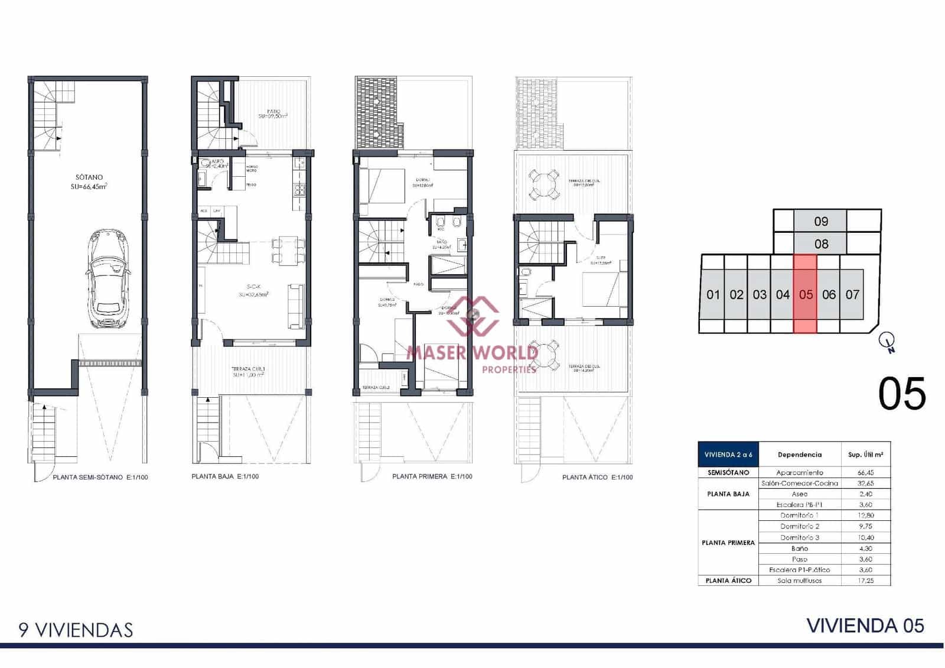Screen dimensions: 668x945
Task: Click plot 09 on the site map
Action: [x=821, y=221]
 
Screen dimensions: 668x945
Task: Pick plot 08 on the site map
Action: [x=821, y=244]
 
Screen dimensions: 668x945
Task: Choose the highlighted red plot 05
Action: [x=806, y=294]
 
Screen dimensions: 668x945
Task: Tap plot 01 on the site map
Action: [x=713, y=294]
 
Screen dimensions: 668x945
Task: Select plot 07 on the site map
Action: [x=852, y=294]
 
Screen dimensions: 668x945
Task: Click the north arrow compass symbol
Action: [x=887, y=341]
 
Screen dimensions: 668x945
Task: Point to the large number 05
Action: [x=902, y=394]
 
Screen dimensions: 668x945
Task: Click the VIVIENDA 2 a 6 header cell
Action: [x=728, y=455]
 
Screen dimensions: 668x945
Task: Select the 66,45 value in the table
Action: [x=865, y=472]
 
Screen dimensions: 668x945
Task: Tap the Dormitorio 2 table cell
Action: [x=800, y=526]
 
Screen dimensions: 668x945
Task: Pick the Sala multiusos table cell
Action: [x=800, y=581]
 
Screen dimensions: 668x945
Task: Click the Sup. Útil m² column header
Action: [x=865, y=455]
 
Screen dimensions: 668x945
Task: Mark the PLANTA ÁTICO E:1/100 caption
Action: [x=597, y=477]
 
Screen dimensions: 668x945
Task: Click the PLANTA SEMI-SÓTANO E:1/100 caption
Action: [x=100, y=477]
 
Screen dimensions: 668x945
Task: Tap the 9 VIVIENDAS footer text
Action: [x=76, y=630]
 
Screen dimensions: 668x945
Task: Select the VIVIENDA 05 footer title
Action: [x=865, y=625]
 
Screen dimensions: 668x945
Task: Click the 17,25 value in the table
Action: [x=865, y=581]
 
